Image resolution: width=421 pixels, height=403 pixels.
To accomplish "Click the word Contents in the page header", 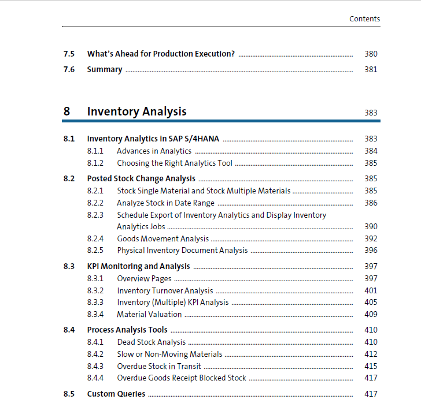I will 364,19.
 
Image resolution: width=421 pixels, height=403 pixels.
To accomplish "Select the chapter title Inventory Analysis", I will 136,111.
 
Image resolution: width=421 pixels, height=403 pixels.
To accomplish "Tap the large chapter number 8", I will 67,111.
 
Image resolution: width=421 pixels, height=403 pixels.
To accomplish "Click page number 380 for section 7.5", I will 371,54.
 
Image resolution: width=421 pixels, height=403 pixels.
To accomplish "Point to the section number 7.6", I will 69,69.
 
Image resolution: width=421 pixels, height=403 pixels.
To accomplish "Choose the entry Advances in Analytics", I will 154,151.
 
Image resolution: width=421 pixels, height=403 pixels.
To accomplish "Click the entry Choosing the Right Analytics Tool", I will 174,163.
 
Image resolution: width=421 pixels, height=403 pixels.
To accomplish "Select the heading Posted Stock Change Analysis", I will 141,178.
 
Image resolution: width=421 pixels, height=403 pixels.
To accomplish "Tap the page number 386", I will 371,203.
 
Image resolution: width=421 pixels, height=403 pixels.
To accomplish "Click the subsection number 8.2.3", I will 95,215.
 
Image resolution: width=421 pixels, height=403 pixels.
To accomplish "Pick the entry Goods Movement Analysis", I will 163,238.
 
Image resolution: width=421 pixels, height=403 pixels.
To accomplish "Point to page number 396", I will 371,250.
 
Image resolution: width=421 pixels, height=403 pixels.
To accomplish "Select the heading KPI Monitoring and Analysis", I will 138,266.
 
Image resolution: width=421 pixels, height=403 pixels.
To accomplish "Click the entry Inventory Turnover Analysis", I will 165,290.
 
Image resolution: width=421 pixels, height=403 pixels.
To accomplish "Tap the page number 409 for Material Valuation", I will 371,314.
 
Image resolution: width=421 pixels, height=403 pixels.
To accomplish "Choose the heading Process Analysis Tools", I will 127,330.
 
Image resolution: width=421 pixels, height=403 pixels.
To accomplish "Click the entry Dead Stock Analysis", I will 152,342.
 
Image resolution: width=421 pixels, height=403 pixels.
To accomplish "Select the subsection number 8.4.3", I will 95,366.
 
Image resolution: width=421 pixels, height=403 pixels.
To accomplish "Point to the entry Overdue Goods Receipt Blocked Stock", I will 182,378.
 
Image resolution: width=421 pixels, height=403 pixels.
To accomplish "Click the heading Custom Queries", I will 116,394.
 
